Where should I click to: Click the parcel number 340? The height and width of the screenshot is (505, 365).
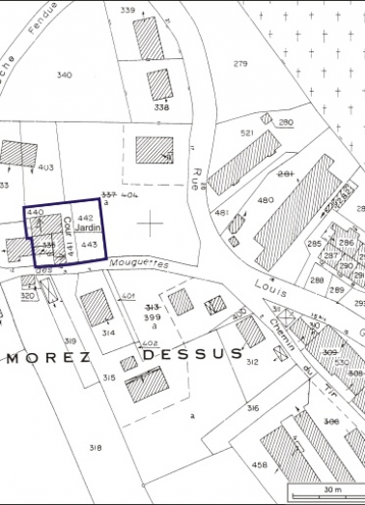coord(64,74)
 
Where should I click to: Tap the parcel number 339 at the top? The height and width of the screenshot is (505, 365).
coord(127,10)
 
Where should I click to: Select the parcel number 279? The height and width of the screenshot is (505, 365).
coord(240,64)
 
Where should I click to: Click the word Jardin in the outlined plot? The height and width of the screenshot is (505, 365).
coord(89,227)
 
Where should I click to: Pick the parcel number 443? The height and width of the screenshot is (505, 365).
coord(89,246)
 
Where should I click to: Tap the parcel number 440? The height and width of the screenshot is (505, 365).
coord(37,211)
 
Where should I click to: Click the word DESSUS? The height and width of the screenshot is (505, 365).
coord(191,354)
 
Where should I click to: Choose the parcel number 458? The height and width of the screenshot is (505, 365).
coord(259,466)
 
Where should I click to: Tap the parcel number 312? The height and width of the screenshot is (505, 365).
coord(252,362)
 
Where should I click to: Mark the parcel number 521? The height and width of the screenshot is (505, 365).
coord(246,133)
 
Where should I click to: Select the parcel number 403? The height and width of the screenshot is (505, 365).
coord(45,168)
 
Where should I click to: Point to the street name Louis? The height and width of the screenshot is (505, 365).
coord(265,287)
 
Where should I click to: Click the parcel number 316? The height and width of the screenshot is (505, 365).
coord(252,409)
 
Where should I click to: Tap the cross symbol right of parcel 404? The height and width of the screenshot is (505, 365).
coord(150,223)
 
